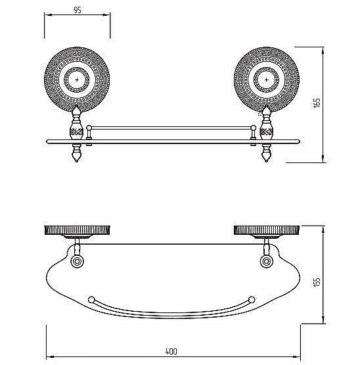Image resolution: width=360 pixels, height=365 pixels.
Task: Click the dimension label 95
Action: (x=78, y=10)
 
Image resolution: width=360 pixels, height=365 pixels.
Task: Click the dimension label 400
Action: (x=171, y=351)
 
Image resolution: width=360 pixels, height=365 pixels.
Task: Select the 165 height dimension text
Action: (x=317, y=103)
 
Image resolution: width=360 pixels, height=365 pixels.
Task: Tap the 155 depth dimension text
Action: (x=317, y=282)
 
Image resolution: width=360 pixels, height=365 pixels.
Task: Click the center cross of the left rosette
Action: (x=77, y=80)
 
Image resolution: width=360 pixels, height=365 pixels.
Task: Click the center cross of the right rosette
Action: (x=267, y=80)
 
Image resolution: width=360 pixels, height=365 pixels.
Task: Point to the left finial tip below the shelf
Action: (x=76, y=161)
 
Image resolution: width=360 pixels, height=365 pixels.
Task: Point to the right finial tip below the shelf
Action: (x=267, y=161)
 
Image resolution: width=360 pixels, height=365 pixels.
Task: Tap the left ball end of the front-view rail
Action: (x=89, y=128)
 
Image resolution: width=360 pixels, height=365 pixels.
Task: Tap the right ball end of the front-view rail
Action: (x=254, y=128)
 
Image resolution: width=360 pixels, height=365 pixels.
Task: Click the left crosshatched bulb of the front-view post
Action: (x=76, y=132)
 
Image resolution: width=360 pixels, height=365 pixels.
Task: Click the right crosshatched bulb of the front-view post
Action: (x=267, y=132)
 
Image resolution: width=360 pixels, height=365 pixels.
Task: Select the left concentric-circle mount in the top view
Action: (x=77, y=261)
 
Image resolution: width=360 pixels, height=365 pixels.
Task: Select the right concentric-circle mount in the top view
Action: (x=267, y=261)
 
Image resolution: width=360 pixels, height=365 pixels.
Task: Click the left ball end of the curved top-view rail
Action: (x=91, y=300)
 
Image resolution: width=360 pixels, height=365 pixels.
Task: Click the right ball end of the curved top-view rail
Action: (x=252, y=300)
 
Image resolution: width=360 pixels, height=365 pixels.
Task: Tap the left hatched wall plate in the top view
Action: (x=77, y=230)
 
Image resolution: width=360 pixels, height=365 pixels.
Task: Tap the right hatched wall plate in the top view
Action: (x=267, y=230)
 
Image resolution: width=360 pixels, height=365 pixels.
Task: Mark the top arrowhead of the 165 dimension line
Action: (x=323, y=51)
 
